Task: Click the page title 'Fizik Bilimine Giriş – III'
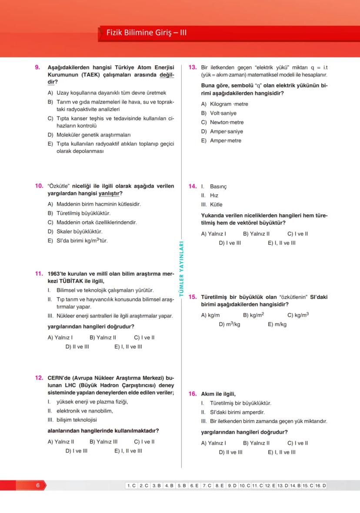click(x=146, y=33)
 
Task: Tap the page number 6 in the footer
click(x=38, y=485)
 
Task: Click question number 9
click(x=37, y=67)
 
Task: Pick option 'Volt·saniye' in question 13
click(x=223, y=113)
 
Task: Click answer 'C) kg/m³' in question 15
click(x=298, y=315)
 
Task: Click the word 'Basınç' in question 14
click(x=218, y=187)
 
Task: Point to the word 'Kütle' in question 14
click(x=216, y=204)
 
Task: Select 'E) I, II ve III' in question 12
click(x=128, y=451)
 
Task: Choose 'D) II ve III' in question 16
click(x=230, y=452)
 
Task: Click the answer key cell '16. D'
click(x=320, y=485)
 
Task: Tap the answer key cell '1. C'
click(x=131, y=485)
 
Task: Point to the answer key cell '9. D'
click(x=232, y=485)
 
